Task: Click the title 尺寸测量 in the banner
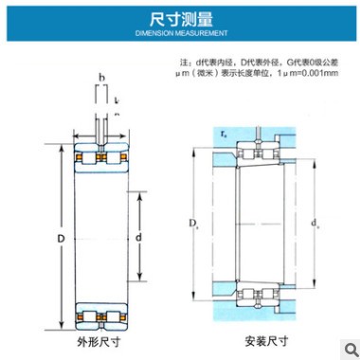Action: (x=179, y=18)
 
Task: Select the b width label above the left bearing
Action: (x=100, y=76)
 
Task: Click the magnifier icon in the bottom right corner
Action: (x=347, y=347)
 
